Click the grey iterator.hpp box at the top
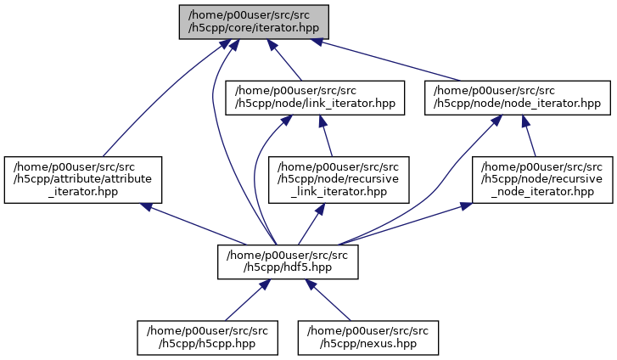pyautogui.click(x=253, y=21)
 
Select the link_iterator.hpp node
pyautogui.click(x=315, y=98)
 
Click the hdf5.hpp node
pyautogui.click(x=288, y=262)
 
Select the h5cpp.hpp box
pyautogui.click(x=209, y=337)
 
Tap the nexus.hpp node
pyautogui.click(x=367, y=337)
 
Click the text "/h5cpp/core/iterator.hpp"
pyautogui.click(x=253, y=28)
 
